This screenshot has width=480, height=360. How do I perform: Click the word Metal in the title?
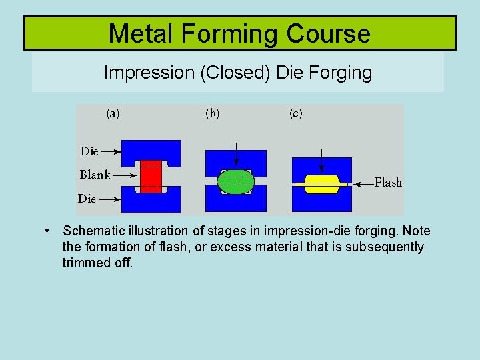coord(137,33)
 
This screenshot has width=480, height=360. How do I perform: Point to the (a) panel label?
coord(113,113)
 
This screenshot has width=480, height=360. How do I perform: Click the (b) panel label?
coord(212,113)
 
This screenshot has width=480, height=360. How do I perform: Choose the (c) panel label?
coord(295,113)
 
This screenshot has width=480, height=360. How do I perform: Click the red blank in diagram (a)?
coord(151,176)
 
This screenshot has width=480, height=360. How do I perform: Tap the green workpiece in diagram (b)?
coord(236,181)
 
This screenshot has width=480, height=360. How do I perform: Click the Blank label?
coord(95,175)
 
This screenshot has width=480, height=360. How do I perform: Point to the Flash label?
coord(388,182)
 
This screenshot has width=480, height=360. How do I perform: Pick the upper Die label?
coord(89,151)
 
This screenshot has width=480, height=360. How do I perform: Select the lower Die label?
coord(87,198)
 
